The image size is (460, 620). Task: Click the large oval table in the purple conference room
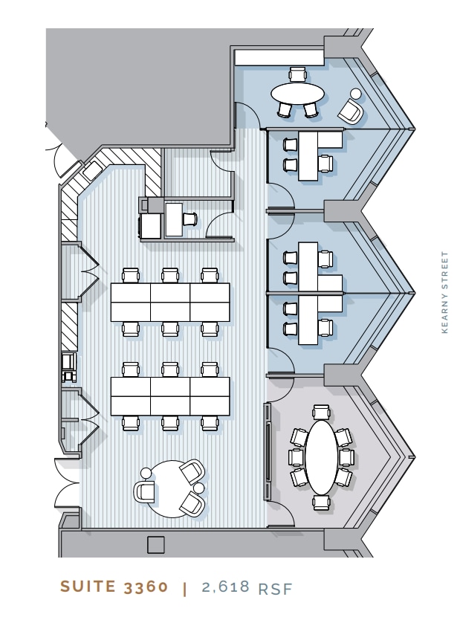320,456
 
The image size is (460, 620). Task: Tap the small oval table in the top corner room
297,94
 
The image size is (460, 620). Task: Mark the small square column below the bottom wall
156,545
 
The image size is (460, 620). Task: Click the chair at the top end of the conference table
320,413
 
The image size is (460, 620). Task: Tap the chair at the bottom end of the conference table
320,503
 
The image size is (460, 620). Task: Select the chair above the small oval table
298,73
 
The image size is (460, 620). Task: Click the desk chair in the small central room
189,219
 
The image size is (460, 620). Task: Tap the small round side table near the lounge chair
355,94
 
